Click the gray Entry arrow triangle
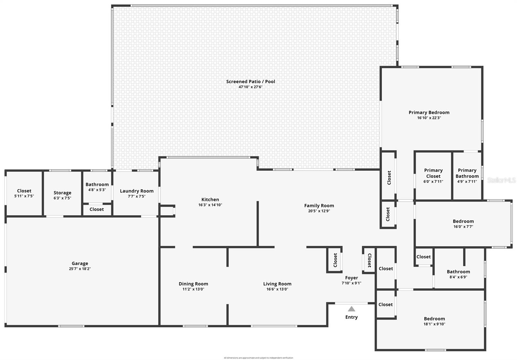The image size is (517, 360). [x=352, y=309]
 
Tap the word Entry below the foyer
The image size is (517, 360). [x=351, y=317]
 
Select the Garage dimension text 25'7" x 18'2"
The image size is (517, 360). [x=79, y=269]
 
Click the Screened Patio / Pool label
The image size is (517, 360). [x=250, y=81]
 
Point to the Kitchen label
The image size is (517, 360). [x=210, y=199]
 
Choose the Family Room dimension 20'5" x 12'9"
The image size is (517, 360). [x=319, y=211]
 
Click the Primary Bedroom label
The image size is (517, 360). [x=429, y=112]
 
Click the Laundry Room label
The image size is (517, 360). [x=137, y=191]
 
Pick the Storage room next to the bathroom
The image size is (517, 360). [x=62, y=195]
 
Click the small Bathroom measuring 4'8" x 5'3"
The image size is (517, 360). [x=97, y=187]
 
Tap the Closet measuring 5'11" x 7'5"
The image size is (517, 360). [x=24, y=193]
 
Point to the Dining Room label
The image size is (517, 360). [x=193, y=284]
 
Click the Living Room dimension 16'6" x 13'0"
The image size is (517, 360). [x=277, y=289]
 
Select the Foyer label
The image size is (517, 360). [x=351, y=278]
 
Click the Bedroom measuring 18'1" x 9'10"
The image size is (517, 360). [x=434, y=321]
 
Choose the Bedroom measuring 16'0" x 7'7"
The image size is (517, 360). [x=463, y=224]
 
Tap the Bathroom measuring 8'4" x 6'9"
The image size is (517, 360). [x=458, y=274]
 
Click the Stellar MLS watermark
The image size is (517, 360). [x=501, y=180]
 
